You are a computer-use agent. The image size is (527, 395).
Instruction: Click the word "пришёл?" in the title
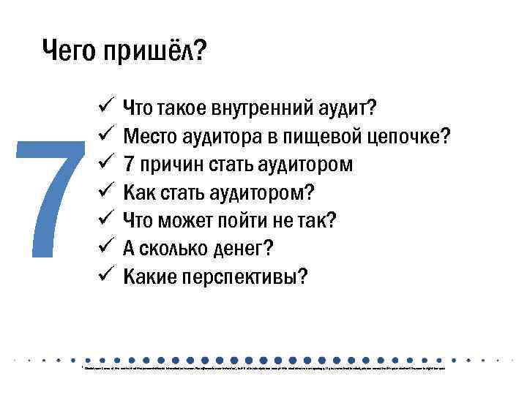pos(155,53)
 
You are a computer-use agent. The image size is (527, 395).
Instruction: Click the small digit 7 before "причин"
pos(129,165)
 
